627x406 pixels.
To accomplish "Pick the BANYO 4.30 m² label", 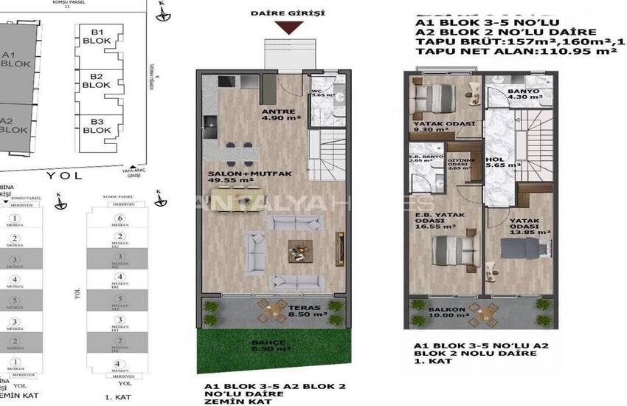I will point(523,97).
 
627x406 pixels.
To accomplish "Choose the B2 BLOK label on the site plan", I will point(96,80).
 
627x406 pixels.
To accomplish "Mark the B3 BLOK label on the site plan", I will point(96,126).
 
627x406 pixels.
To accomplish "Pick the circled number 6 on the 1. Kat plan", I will point(117,219).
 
